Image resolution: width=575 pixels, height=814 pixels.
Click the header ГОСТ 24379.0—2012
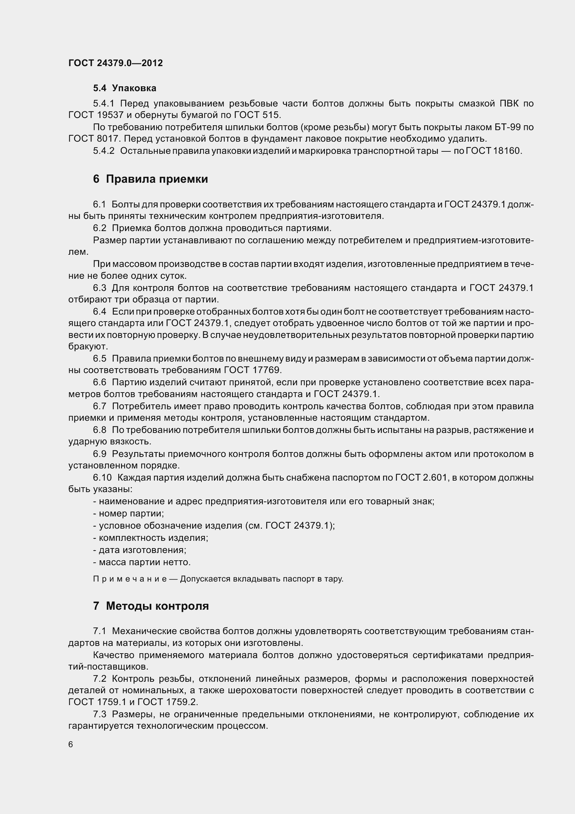coord(115,63)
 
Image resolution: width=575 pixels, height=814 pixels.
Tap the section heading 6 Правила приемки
coord(151,179)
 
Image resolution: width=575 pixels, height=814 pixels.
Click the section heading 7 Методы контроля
coord(151,606)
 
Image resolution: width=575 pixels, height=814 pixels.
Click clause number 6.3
coord(99,288)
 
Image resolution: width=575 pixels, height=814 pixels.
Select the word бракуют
coord(88,346)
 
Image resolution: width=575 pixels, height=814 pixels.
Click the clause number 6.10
coord(102,477)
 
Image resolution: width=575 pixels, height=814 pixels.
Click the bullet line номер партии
coord(128,513)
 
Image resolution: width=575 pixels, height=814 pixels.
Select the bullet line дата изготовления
coord(139,550)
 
